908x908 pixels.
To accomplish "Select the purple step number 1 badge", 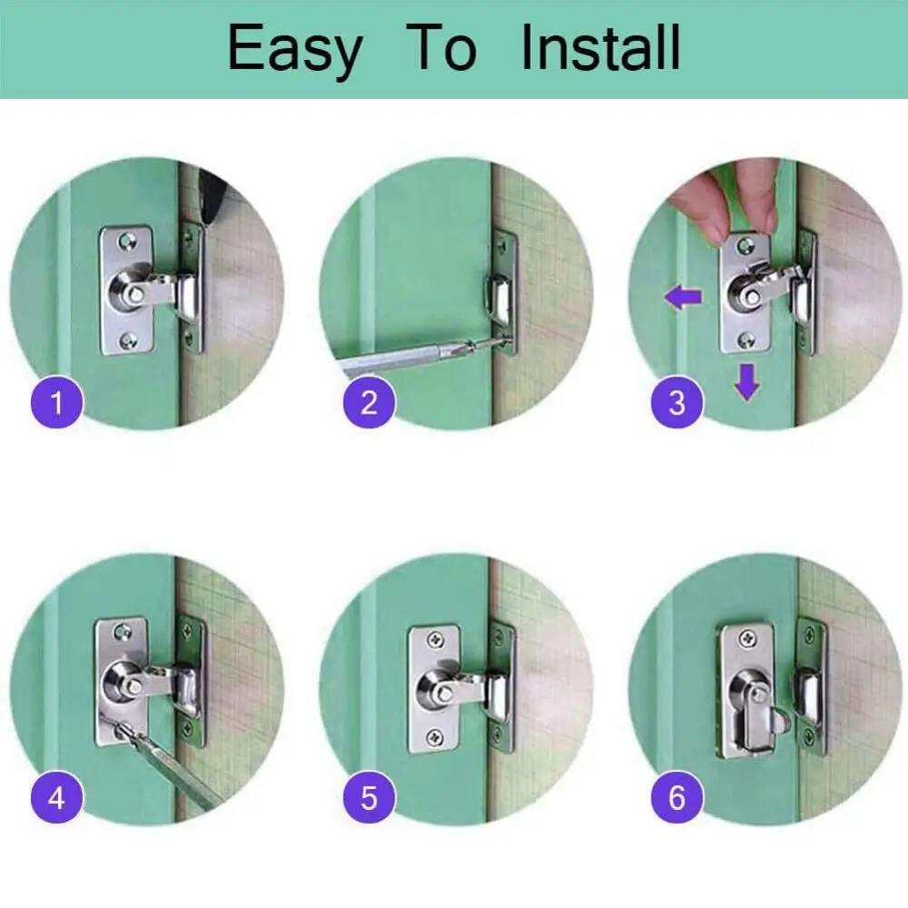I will (56, 401).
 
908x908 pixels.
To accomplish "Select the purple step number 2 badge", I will (368, 401).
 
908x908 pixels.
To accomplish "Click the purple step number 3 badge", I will (677, 401).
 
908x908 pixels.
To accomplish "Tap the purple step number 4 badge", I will (56, 799).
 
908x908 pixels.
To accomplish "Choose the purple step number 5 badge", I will (368, 799).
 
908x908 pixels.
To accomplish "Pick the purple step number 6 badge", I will (677, 799).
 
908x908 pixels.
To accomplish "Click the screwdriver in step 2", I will (409, 359).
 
